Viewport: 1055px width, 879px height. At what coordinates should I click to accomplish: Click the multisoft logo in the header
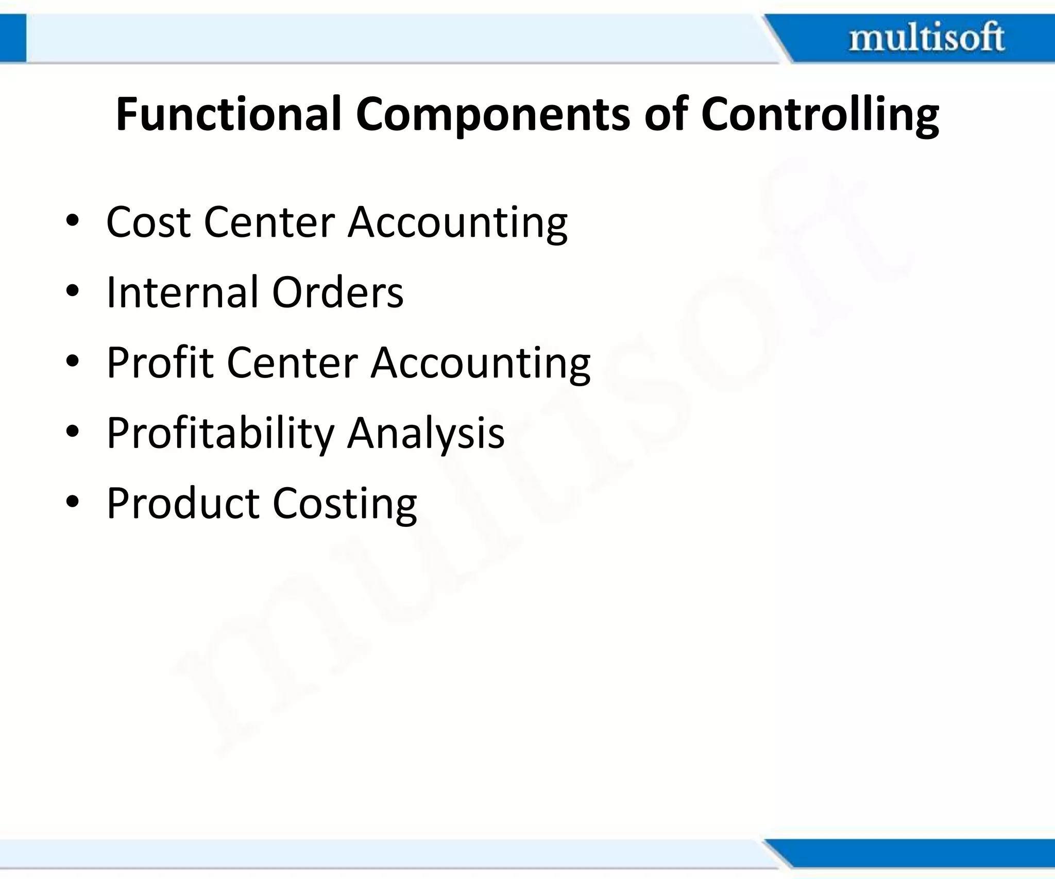(x=926, y=38)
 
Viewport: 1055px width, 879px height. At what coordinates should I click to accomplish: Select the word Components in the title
(x=492, y=114)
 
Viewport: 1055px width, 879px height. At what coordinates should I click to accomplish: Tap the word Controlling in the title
(x=820, y=114)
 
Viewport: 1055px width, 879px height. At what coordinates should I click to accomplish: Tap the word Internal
(x=182, y=292)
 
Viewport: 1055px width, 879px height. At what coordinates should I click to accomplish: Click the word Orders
(x=337, y=292)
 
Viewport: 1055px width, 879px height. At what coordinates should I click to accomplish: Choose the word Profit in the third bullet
(x=160, y=363)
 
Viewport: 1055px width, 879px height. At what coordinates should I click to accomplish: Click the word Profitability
(x=220, y=434)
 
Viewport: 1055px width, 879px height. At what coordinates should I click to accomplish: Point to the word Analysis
(x=426, y=434)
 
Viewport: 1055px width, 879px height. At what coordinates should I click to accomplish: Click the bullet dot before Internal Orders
(x=72, y=291)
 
